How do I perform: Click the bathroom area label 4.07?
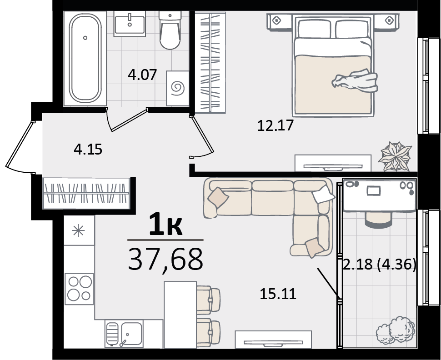click(x=142, y=75)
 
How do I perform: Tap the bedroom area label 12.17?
click(x=276, y=125)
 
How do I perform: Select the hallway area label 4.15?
click(x=88, y=149)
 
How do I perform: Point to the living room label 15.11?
click(x=278, y=294)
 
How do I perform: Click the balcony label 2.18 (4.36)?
click(x=380, y=265)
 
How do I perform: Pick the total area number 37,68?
click(x=165, y=259)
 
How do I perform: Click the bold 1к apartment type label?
click(x=165, y=224)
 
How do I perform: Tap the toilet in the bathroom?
click(x=170, y=30)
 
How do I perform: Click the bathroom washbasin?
click(x=130, y=24)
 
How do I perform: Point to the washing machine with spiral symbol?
click(x=177, y=88)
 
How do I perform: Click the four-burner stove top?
click(x=79, y=289)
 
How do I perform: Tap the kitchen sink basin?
click(x=132, y=334)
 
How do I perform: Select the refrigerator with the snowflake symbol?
click(x=79, y=230)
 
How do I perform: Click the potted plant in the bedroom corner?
click(x=396, y=156)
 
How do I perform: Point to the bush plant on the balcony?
click(x=396, y=330)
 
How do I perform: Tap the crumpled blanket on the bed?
click(x=355, y=81)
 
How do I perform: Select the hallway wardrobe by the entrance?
click(x=86, y=193)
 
